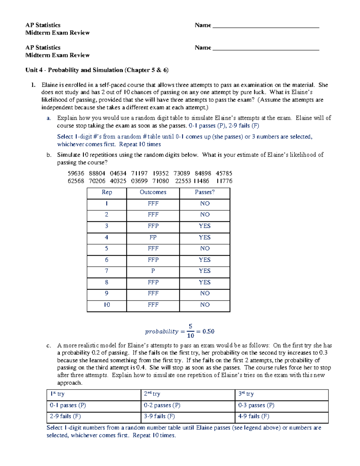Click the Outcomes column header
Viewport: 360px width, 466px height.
[x=153, y=192]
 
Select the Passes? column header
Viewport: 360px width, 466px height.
[x=205, y=192]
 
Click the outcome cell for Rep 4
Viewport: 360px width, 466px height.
[x=153, y=237]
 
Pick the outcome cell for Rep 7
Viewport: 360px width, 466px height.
[x=153, y=271]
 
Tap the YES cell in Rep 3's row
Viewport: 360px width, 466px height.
[x=205, y=226]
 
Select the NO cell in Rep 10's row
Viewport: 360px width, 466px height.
[x=205, y=305]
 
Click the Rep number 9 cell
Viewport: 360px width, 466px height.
[x=106, y=293]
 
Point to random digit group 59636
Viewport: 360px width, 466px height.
[x=76, y=173]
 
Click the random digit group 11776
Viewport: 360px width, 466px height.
[x=224, y=181]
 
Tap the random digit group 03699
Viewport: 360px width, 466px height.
[x=139, y=181]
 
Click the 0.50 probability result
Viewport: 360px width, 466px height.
[x=208, y=332]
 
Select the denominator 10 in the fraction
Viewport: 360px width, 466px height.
[x=190, y=335]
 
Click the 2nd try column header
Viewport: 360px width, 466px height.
[x=152, y=394]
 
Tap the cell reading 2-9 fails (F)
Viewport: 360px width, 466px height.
[x=65, y=416]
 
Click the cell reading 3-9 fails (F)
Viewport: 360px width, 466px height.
[x=159, y=416]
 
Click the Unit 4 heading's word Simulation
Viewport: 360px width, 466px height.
[x=107, y=70]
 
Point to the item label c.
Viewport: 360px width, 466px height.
[x=49, y=346]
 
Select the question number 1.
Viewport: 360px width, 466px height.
[x=33, y=85]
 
